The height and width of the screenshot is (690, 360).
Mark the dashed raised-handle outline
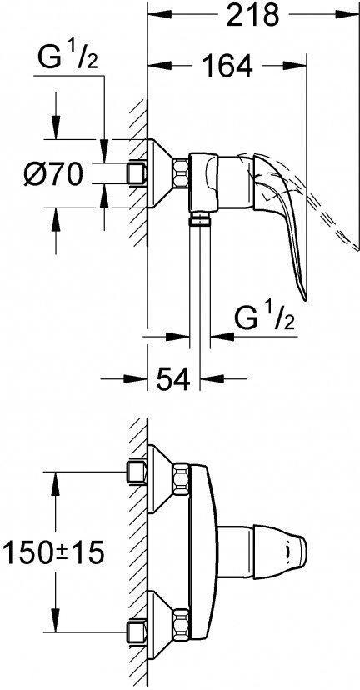pos(329,208)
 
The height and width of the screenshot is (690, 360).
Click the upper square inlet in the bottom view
pos(133,472)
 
